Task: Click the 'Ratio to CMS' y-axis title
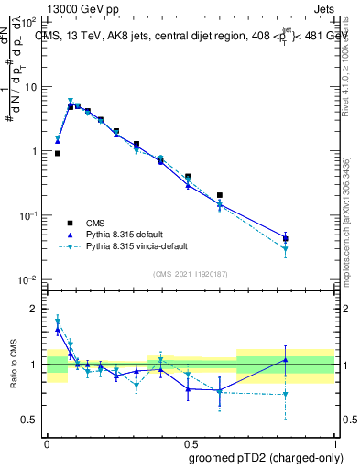point(12,364)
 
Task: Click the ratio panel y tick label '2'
point(35,309)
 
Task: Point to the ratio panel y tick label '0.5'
point(29,420)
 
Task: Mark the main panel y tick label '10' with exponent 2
point(30,21)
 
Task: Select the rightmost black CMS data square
point(286,238)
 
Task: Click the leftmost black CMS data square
point(58,154)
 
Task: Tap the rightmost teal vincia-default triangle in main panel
point(286,249)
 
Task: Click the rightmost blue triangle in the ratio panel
point(286,360)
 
